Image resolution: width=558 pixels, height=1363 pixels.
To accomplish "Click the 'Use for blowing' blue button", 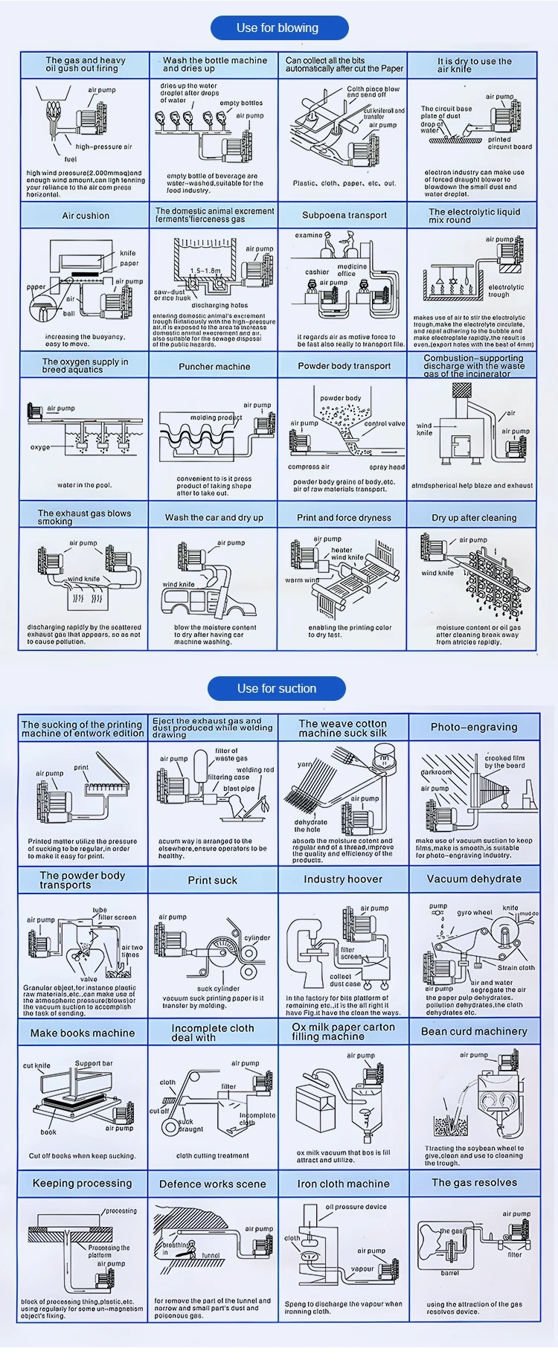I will [278, 28].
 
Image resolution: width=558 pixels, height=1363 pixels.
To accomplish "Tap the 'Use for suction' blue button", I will [277, 688].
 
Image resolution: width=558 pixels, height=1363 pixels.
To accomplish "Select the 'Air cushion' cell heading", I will [86, 216].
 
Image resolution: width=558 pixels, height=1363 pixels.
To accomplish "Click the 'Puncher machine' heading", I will [214, 367].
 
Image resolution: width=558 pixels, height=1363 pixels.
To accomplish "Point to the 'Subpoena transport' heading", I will [344, 215].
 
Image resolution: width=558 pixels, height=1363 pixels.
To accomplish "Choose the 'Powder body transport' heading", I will [344, 366].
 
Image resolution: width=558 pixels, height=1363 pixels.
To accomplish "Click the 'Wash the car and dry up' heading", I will [214, 517].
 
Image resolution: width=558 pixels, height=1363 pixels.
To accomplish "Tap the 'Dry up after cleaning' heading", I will [474, 517].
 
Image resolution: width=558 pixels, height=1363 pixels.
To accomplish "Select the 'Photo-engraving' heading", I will [474, 727].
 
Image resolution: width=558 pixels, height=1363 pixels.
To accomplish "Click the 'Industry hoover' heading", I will [343, 879].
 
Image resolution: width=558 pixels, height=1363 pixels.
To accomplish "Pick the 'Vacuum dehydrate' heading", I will [474, 879].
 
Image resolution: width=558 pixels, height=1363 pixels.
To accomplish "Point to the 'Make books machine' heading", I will [83, 1033].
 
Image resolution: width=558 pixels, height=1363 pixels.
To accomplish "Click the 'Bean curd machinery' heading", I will [474, 1031].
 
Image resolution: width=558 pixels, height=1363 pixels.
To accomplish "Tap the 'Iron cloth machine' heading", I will [343, 1184].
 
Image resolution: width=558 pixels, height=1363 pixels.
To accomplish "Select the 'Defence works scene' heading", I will [213, 1184].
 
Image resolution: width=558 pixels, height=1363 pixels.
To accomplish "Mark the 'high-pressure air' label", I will [103, 147].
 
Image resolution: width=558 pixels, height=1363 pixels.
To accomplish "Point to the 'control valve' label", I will [385, 424].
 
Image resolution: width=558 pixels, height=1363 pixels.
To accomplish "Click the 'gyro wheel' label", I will [475, 912].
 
